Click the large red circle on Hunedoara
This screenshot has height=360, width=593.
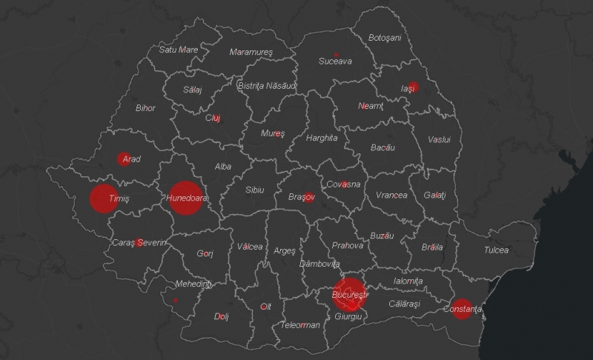(185, 198)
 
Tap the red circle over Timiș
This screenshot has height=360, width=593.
(104, 198)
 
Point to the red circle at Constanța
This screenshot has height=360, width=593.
(462, 308)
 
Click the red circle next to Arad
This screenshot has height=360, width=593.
(123, 159)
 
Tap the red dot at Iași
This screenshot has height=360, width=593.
(413, 87)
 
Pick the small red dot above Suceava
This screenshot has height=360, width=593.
(337, 55)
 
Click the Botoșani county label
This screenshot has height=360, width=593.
(384, 37)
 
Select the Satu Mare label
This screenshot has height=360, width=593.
(179, 50)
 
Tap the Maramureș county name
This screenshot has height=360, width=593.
(251, 52)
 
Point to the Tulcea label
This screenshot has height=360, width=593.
(496, 250)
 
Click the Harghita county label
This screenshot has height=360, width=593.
(321, 138)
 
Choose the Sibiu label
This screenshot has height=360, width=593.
(254, 190)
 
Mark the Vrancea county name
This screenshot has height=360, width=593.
(391, 195)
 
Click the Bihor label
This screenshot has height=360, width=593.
(145, 107)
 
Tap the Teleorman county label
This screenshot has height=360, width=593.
(300, 324)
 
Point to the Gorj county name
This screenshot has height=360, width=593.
(205, 253)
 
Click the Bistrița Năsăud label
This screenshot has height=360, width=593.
(267, 86)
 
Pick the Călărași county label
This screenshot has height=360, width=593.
(404, 304)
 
